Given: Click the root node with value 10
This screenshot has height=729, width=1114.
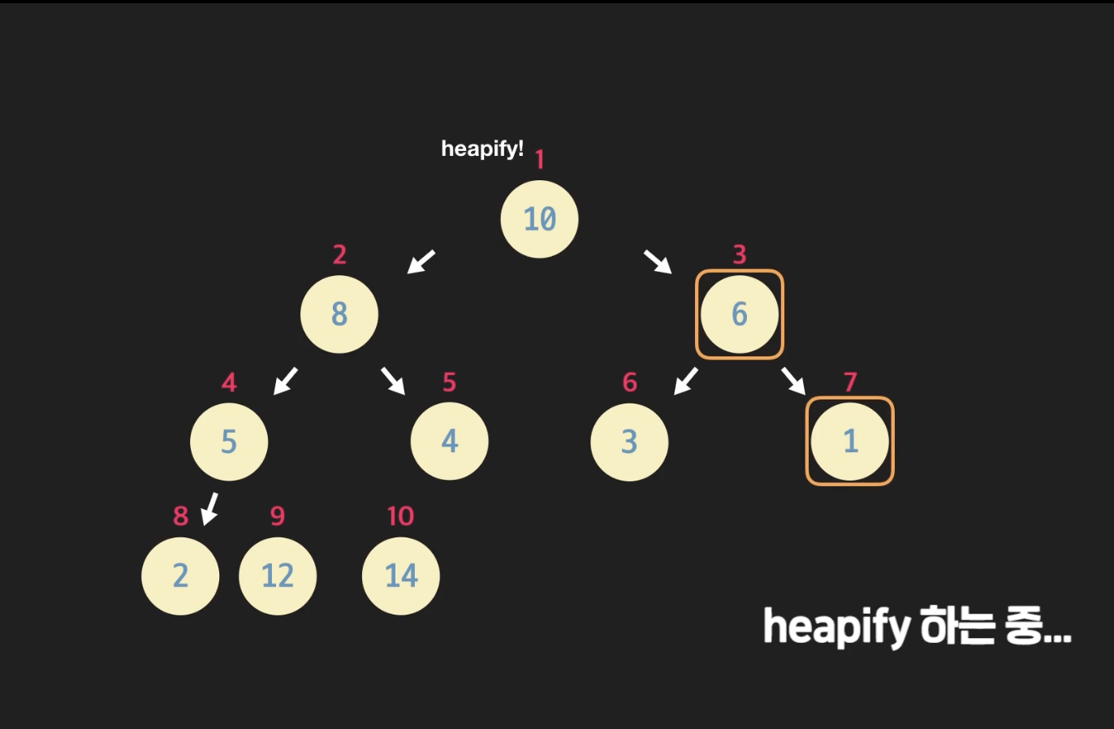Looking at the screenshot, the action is click(x=539, y=219).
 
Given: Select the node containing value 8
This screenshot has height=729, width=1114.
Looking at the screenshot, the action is click(x=339, y=314).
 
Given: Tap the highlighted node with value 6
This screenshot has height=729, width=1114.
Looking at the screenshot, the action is click(x=739, y=314).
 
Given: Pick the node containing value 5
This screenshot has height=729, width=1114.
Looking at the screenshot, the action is click(x=229, y=442).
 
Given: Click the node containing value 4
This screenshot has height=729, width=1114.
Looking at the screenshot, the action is click(x=449, y=442).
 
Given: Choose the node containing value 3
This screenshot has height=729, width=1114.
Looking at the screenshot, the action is click(x=629, y=442).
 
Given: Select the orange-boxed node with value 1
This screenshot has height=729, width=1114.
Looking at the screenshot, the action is click(x=849, y=442).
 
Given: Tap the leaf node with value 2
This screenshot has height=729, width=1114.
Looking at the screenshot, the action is click(x=180, y=576).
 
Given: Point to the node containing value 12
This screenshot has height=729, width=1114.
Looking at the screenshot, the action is click(x=278, y=576).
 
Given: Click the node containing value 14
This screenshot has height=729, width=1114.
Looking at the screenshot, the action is click(x=400, y=576).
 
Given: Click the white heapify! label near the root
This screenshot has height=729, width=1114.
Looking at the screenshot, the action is click(x=482, y=149).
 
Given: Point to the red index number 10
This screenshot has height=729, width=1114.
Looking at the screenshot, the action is click(x=400, y=516).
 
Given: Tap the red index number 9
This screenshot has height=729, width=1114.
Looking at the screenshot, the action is click(x=278, y=516).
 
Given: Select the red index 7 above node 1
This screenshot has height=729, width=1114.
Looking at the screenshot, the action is click(x=850, y=382).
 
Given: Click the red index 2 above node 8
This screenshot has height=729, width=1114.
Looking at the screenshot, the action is click(x=339, y=255).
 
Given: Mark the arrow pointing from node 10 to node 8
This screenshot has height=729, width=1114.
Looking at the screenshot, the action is click(x=421, y=261).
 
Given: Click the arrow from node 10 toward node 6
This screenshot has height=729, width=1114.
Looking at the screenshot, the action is click(x=658, y=261).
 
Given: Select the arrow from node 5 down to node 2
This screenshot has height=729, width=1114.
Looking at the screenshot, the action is click(x=210, y=508).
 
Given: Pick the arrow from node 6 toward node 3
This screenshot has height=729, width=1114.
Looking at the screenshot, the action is click(x=686, y=380).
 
